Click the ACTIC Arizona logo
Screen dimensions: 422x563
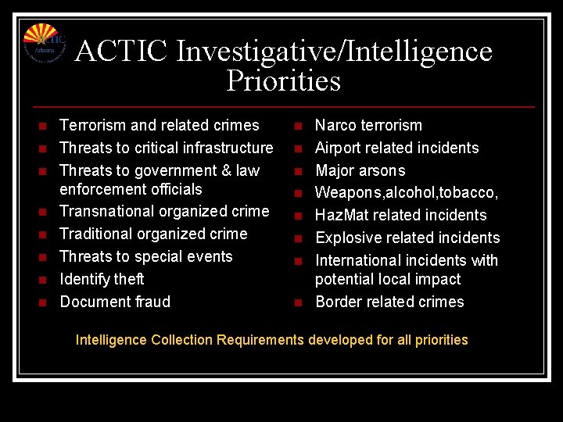pos(44,44)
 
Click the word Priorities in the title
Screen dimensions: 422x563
pos(283,80)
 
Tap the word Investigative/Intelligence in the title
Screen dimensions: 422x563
pos(335,52)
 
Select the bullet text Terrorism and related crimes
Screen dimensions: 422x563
pos(159,125)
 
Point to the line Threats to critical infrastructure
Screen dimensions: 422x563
pos(166,148)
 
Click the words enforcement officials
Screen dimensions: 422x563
pos(131,189)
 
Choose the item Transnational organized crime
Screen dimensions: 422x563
pos(164,211)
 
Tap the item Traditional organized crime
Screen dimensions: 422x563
pos(153,234)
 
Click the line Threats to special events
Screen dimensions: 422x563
pos(146,256)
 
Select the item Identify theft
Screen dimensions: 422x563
pos(102,279)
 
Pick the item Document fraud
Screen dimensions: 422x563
pos(115,302)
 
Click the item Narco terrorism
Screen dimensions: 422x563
pos(368,125)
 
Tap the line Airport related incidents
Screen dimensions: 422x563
pos(396,148)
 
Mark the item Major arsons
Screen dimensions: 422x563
pos(360,170)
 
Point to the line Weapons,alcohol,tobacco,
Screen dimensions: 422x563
pos(407,192)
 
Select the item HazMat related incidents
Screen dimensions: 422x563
pos(400,215)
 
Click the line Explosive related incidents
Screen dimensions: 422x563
pos(407,238)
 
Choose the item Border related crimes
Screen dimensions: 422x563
pos(389,302)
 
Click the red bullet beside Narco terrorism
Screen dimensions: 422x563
pos(298,126)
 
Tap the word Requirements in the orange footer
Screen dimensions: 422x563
pos(260,340)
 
